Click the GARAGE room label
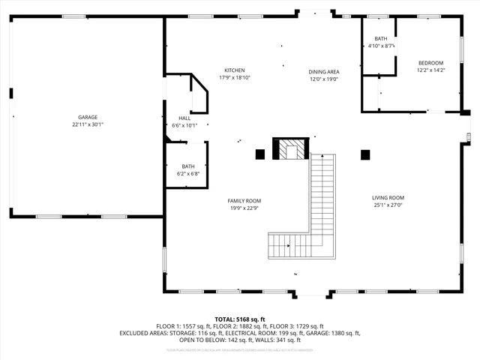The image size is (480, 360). tap(88, 117)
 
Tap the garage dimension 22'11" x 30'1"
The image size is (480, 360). tap(88, 125)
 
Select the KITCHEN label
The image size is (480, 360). tap(234, 70)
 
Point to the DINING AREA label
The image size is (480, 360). tap(324, 72)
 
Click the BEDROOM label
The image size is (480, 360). tap(430, 63)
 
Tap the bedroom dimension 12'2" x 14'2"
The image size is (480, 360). tap(430, 70)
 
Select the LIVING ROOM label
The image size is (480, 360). tap(388, 198)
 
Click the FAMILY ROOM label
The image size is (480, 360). tap(244, 201)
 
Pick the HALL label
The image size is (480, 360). tap(184, 118)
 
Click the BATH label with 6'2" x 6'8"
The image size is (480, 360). tap(187, 166)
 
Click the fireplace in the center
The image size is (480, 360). tap(290, 150)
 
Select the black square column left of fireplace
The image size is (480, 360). tap(260, 154)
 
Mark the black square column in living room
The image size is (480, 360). tap(365, 154)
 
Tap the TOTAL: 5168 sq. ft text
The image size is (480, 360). tap(239, 319)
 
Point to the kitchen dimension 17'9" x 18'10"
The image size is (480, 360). tap(234, 77)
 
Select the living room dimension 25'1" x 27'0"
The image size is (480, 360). tap(388, 205)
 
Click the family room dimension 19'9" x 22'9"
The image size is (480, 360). tap(244, 208)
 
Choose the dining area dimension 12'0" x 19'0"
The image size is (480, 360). tap(324, 79)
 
